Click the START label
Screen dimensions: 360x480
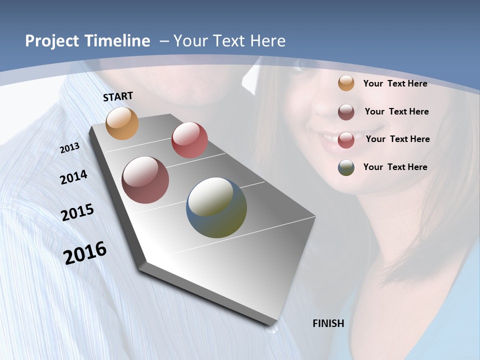(118, 96)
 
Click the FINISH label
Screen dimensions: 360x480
(328, 323)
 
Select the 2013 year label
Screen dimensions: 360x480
(70, 147)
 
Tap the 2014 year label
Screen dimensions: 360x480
(74, 177)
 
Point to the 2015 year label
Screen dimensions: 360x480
(77, 212)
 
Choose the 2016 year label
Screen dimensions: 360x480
(85, 252)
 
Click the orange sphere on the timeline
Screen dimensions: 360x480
(122, 123)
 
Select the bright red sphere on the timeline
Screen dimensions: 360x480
(189, 140)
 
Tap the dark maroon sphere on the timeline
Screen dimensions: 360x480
(145, 180)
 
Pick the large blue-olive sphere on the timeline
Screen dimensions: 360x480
(216, 207)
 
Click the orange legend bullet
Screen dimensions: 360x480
(346, 83)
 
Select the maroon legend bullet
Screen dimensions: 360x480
(346, 112)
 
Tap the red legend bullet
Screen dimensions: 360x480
(346, 140)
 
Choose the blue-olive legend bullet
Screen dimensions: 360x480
(346, 167)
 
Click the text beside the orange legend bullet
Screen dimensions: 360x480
(395, 83)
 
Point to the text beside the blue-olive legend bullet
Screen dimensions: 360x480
(395, 167)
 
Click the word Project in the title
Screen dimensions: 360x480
(51, 41)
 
